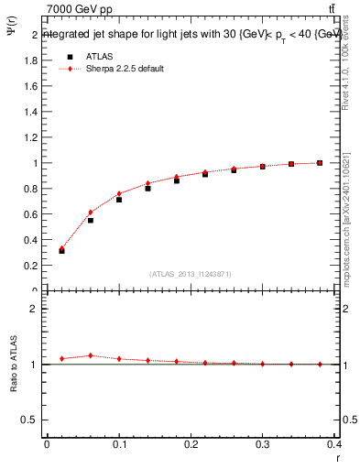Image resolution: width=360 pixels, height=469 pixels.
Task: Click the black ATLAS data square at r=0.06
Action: click(x=90, y=221)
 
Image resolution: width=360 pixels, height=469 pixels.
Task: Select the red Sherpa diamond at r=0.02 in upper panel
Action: click(x=61, y=248)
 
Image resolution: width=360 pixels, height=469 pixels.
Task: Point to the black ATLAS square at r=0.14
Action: click(x=147, y=189)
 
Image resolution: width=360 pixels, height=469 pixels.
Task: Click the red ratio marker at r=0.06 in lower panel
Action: click(x=90, y=355)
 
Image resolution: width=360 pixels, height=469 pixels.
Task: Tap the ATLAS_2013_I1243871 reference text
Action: click(x=191, y=274)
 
